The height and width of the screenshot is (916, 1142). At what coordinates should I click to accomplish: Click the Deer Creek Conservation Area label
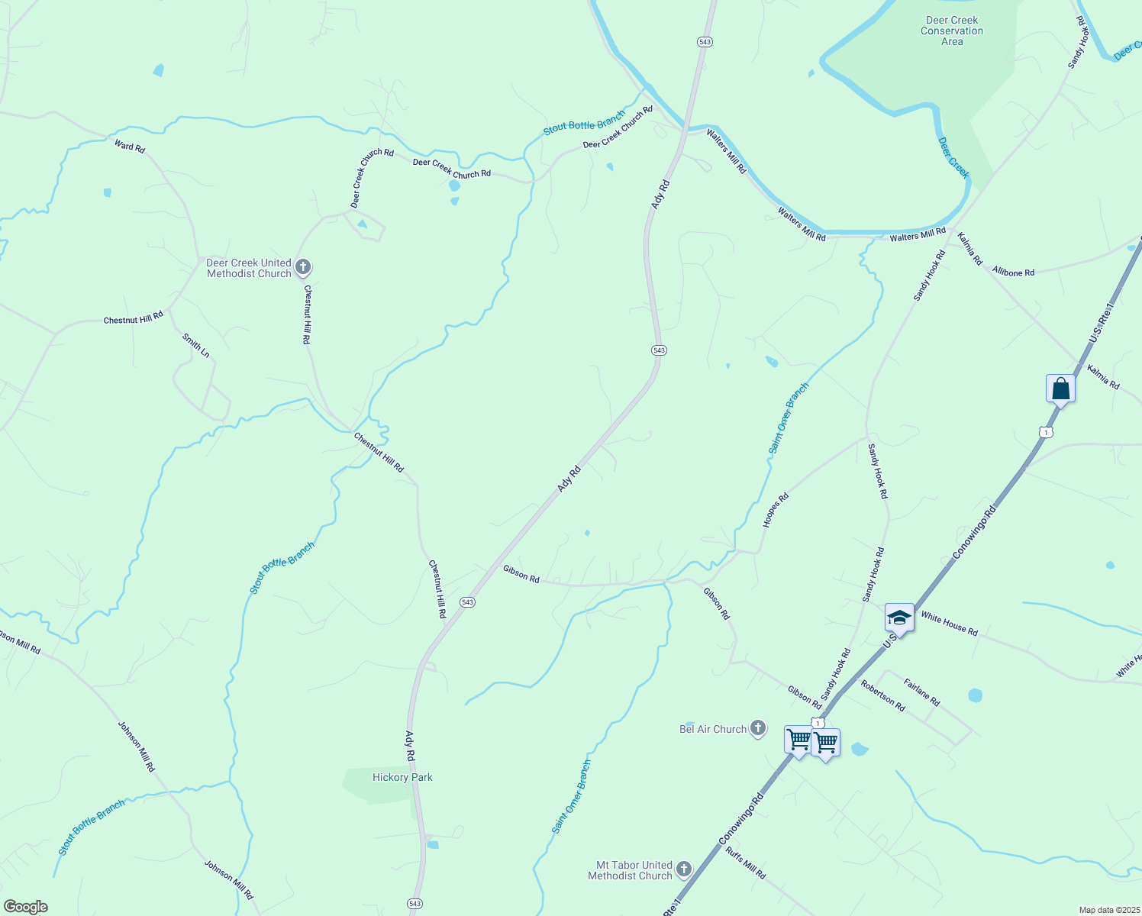952,31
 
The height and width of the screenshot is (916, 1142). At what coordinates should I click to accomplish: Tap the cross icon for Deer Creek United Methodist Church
303,267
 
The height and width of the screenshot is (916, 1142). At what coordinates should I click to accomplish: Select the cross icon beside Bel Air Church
758,728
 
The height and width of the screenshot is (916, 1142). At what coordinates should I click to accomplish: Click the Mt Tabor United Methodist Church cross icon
684,869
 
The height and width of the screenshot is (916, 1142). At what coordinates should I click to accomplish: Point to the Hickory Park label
402,777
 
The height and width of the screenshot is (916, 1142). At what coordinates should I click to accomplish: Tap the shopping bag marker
1060,389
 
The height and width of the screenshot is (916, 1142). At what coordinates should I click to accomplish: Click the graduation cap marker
899,618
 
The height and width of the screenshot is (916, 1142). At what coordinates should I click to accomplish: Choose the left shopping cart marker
798,740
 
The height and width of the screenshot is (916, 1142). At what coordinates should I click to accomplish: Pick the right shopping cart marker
826,742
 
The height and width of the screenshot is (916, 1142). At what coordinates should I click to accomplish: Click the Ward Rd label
130,146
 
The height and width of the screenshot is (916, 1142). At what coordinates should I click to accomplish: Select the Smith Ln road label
196,345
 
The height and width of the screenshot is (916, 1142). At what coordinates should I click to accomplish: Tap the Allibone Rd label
1013,271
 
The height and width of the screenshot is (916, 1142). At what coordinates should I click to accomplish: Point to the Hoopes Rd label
776,510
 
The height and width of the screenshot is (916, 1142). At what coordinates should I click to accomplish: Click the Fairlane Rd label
921,692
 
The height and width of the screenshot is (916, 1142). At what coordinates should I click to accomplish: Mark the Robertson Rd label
882,695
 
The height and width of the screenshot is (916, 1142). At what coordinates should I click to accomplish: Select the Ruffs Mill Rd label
746,863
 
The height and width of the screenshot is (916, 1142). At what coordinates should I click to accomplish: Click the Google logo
26,907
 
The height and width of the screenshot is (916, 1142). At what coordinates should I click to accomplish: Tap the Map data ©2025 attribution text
1108,910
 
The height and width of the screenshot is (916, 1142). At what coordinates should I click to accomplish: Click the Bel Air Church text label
713,729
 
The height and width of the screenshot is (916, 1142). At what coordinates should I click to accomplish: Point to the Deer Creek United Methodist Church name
249,268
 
